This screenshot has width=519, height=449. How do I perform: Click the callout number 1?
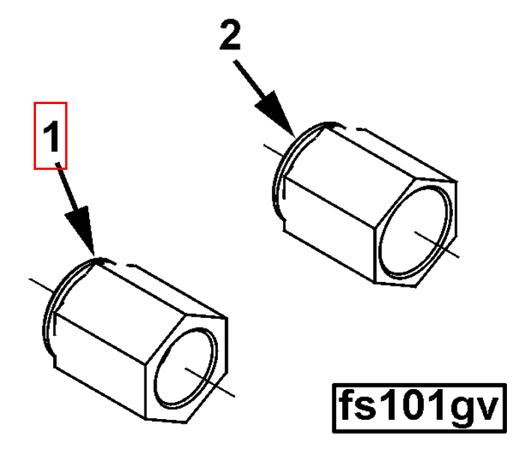coord(51,136)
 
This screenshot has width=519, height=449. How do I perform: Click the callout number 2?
coord(230,34)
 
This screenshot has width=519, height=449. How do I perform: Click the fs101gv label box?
coord(419,408)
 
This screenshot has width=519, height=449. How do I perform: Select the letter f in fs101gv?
coord(347,404)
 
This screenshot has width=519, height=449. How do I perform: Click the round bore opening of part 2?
coord(415,230)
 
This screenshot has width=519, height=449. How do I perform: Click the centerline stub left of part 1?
coord(41,286)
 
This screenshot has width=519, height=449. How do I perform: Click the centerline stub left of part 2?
coord(273,150)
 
